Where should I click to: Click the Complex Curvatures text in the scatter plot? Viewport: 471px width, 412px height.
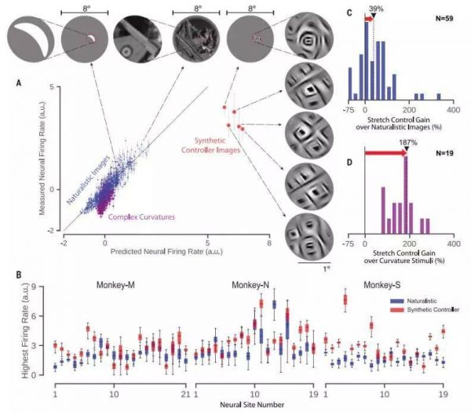(141, 216)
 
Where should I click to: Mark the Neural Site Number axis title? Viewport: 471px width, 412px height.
(251, 404)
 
